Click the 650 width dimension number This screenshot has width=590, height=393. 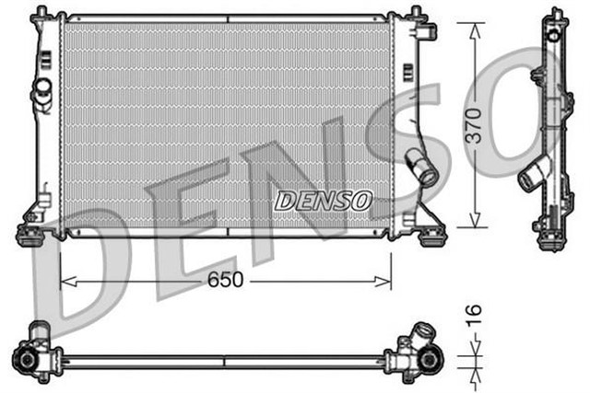tap(226, 281)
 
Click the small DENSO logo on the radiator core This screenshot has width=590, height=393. tap(323, 199)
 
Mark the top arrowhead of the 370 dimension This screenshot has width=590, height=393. tap(473, 29)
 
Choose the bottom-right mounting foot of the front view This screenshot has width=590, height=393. tap(429, 234)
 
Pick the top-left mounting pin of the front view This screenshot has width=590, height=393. tap(41, 14)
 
